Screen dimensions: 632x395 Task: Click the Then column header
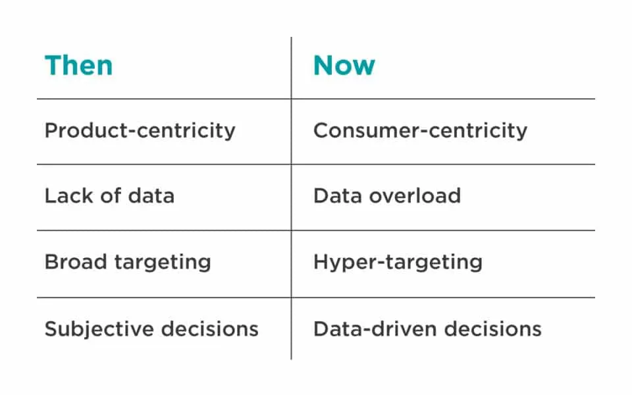[78, 65]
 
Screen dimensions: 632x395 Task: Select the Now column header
[344, 65]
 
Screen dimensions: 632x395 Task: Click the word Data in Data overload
[337, 196]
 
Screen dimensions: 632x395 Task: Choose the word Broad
[75, 261]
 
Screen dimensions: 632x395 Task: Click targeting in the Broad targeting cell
[163, 263]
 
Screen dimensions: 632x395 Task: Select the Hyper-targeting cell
[398, 263]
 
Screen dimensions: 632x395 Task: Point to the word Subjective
[99, 329]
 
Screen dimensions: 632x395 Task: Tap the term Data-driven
[375, 329]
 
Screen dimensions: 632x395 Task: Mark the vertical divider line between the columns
[291, 198]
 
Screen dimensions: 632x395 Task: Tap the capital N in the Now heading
[323, 66]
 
